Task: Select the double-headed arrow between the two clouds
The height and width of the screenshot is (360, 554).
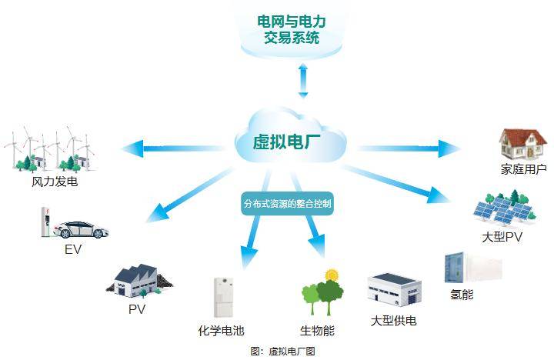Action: pos(302,80)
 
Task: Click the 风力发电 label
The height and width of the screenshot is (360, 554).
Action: pos(55,183)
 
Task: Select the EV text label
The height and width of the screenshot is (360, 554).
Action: pos(73,249)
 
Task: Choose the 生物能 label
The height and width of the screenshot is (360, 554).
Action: pos(317,331)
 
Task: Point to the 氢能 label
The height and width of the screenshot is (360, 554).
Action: pos(461,295)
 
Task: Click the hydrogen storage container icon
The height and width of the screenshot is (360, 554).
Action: pos(472,268)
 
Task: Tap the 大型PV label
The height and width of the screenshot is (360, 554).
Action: pos(502,238)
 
